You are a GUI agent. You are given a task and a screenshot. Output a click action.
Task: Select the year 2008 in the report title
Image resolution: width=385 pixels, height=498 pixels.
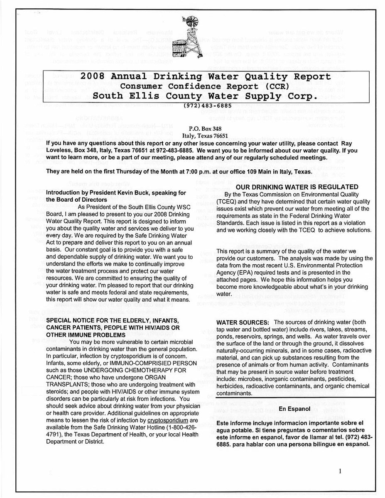click(x=96, y=77)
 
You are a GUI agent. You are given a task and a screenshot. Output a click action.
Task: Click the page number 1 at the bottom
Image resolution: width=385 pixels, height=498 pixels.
click(x=340, y=471)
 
